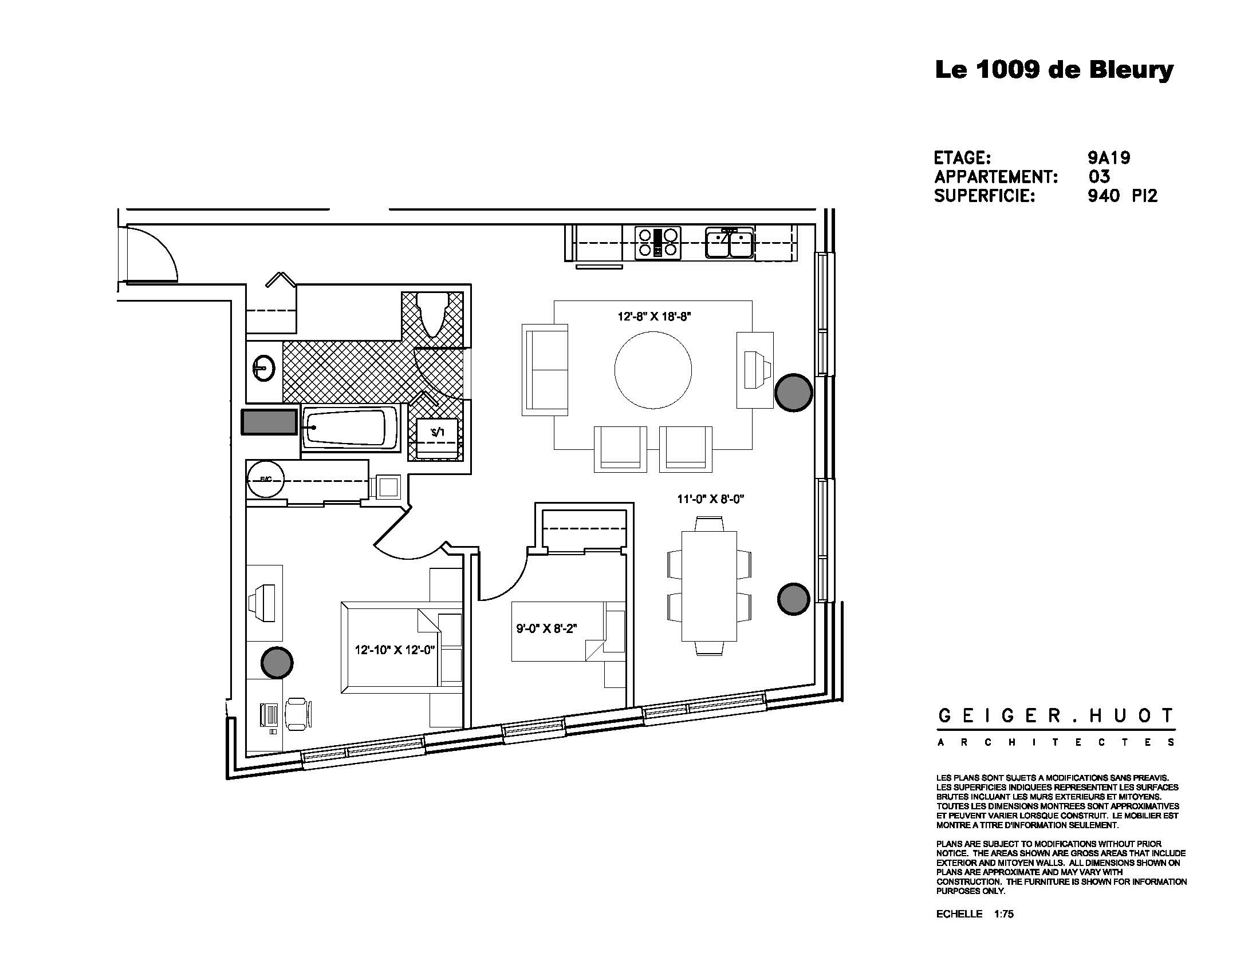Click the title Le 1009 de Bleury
coord(1053,70)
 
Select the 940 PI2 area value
coord(1122,196)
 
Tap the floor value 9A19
coord(1108,157)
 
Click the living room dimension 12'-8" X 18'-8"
coord(654,317)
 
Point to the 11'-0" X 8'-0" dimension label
coord(710,499)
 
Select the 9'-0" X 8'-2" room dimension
coord(546,628)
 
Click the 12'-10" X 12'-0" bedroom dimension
coord(395,650)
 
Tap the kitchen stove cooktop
coord(657,243)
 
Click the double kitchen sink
coord(729,243)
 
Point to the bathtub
coord(349,428)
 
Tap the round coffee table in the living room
coord(653,370)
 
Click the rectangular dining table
coord(709,586)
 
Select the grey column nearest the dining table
coord(793,598)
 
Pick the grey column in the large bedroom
coord(277,662)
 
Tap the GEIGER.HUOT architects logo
coord(1055,726)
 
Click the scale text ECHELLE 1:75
coord(974,913)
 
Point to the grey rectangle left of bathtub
coord(269,422)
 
